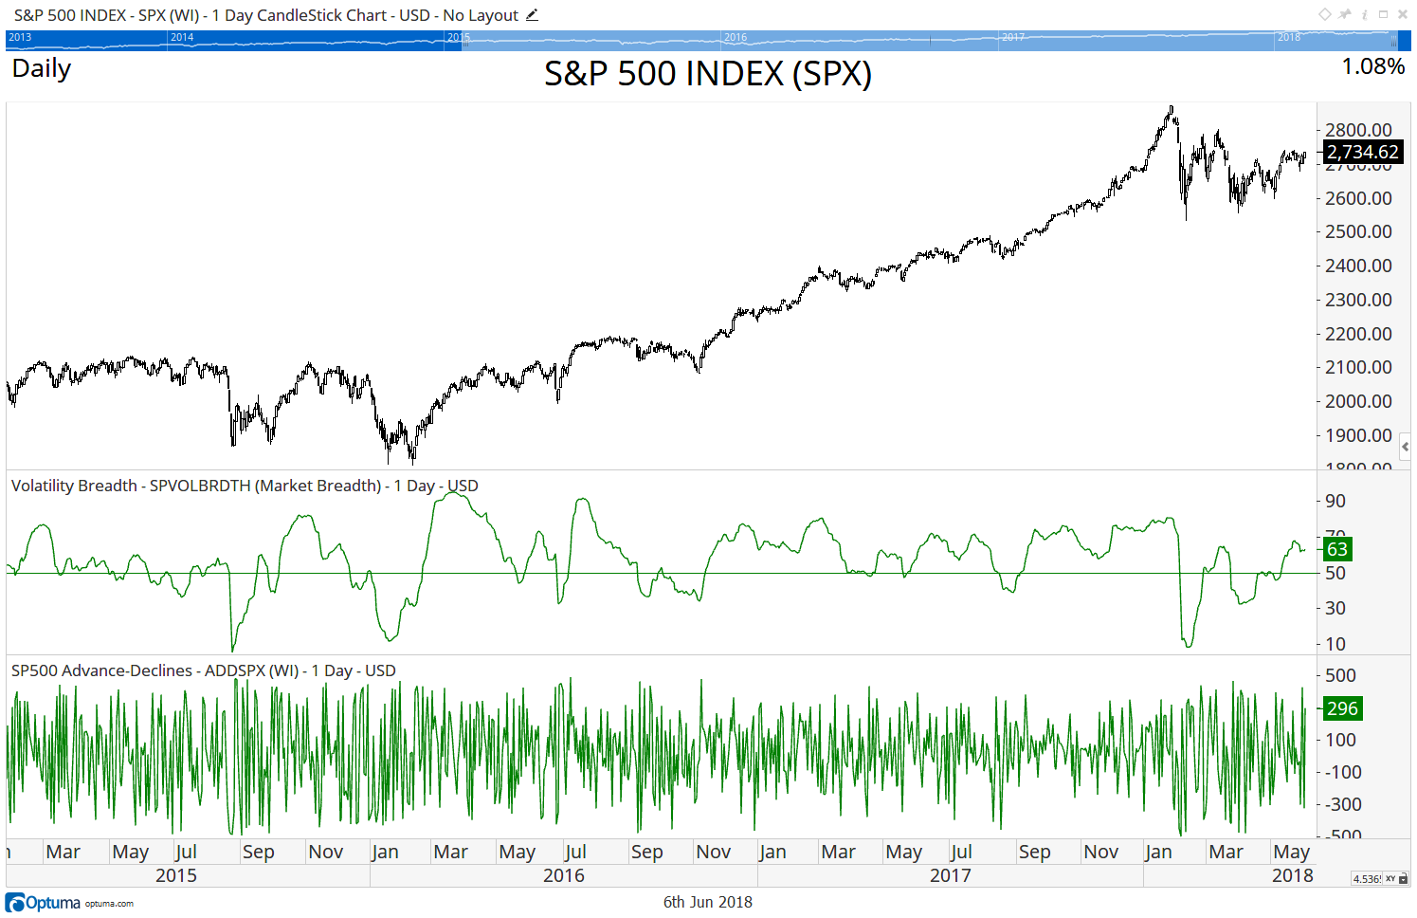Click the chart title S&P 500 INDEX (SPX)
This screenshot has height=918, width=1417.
pos(707,74)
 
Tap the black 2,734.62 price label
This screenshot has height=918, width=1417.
pos(1362,152)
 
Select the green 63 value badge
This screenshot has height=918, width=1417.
pos(1336,549)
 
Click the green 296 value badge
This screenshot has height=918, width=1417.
pos(1342,708)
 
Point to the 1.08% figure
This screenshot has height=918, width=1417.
pos(1372,66)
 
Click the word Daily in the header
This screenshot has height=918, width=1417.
pos(42,68)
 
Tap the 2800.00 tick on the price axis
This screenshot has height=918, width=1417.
pos(1358,130)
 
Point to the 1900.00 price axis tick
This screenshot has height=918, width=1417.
pos(1358,435)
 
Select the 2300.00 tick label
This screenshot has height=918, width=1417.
pos(1358,300)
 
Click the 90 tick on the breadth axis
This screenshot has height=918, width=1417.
pos(1335,501)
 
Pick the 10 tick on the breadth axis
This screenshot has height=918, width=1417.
pos(1335,644)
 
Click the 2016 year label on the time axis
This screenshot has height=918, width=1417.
pos(563,875)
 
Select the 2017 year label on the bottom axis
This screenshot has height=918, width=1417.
pos(950,875)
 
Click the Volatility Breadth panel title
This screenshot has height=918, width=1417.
pos(245,486)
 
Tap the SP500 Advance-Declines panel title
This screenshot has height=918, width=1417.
pos(203,670)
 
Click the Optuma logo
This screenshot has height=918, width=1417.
pos(44,903)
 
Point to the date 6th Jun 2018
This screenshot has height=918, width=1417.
pos(707,902)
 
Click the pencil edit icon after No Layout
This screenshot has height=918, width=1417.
pos(532,15)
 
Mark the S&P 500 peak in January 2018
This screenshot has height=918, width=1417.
pos(1172,107)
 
